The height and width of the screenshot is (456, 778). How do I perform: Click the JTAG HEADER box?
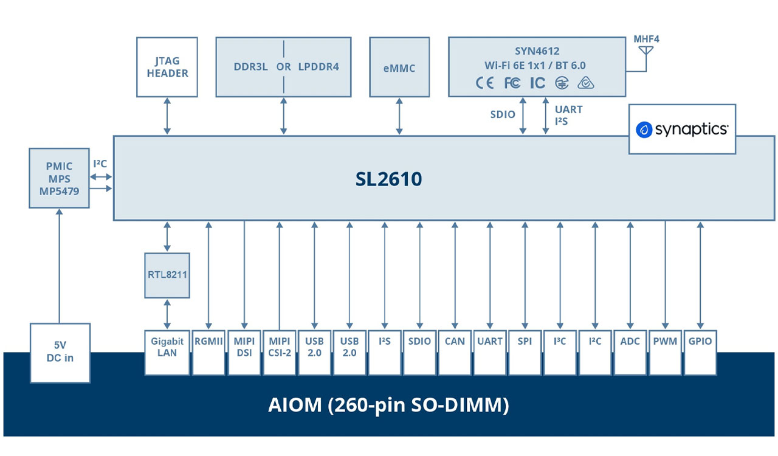(167, 67)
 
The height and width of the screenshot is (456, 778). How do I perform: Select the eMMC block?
(399, 67)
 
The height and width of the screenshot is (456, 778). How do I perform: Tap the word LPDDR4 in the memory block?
(318, 67)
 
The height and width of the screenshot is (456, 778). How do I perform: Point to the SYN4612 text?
(537, 52)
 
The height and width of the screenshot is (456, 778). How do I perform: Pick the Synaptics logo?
(682, 129)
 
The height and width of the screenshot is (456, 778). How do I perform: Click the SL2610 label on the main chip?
(389, 179)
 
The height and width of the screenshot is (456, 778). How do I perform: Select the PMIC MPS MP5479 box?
(59, 177)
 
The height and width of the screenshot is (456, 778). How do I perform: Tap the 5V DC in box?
(60, 353)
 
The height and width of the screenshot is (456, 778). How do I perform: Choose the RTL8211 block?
(167, 275)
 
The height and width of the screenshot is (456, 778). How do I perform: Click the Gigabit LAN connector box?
(167, 352)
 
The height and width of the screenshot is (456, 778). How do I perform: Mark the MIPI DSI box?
(244, 352)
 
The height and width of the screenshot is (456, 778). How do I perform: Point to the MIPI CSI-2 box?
(279, 352)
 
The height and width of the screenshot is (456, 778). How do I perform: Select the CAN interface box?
(455, 352)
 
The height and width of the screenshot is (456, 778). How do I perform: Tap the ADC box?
(630, 352)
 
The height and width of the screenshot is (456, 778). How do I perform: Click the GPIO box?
(700, 352)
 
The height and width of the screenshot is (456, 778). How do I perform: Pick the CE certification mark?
(484, 83)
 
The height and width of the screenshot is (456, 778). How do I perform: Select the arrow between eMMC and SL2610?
(399, 116)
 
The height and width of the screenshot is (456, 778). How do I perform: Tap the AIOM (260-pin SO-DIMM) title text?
(388, 405)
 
